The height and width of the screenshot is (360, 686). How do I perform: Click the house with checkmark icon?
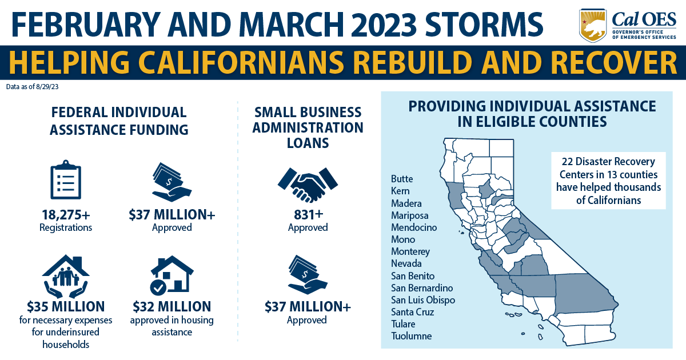171,275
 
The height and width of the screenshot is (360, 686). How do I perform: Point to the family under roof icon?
65,275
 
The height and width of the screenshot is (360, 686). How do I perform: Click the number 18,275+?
65,215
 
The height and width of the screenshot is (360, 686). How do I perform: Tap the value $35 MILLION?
65,306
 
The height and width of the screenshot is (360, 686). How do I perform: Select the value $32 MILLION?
171,306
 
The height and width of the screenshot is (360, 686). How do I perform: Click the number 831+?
308,215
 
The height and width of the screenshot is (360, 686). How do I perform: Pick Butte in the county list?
402,179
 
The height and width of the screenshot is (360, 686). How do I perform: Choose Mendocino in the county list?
414,227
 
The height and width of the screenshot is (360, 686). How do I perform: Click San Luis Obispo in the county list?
423,300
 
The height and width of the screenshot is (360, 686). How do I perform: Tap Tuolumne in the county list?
412,336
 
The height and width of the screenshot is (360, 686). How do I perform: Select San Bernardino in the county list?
422,287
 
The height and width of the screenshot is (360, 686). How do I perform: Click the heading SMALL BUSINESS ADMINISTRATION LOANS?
308,127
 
